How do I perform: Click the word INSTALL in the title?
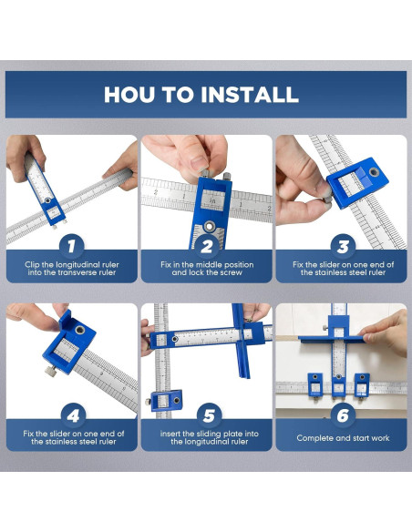250,95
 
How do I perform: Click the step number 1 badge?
71,246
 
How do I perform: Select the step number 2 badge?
207,246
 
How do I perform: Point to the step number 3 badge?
343,246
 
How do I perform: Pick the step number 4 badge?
73,415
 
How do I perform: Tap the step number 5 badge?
209,415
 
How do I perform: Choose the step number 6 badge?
343,415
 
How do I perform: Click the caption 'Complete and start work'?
343,438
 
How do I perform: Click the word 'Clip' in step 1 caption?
32,265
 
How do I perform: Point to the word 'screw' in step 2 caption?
231,272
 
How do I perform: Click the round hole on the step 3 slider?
375,172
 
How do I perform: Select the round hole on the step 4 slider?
80,330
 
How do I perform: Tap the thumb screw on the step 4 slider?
50,371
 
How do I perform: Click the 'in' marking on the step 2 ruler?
212,200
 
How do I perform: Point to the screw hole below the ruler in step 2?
210,225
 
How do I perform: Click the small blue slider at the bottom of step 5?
166,401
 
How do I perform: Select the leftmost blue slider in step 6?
315,384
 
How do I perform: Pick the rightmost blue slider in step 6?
362,385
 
